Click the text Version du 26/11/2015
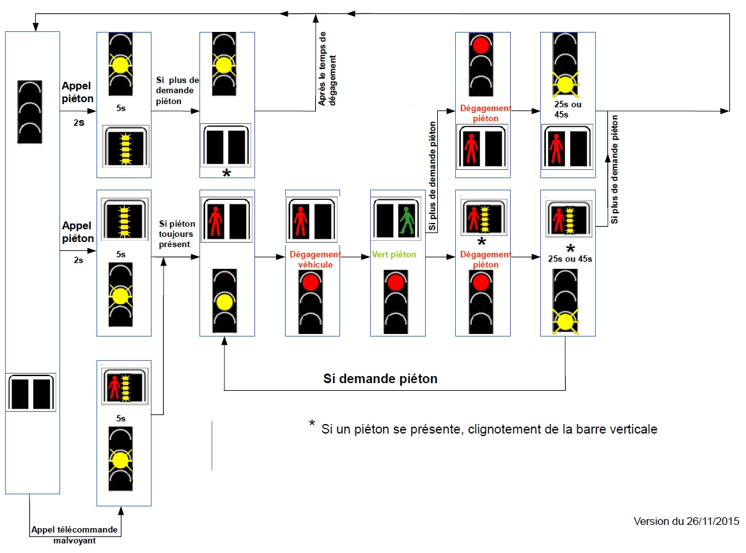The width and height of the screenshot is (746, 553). point(686,521)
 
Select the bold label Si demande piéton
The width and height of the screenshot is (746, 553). point(380,379)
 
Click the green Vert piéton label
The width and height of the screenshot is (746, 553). point(394,255)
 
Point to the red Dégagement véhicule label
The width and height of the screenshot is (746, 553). point(315,259)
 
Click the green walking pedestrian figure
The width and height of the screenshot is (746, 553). point(405,220)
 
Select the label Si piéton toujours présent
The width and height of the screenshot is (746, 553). point(176,234)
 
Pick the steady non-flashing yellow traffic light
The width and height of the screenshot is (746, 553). point(225,301)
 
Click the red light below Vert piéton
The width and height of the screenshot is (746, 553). point(395,282)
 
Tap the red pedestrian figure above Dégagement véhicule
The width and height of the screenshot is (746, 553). point(300,220)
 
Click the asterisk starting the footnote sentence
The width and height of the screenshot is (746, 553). point(312,425)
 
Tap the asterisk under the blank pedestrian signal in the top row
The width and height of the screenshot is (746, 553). point(226,173)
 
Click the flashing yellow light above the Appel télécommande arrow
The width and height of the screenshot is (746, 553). point(119,459)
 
